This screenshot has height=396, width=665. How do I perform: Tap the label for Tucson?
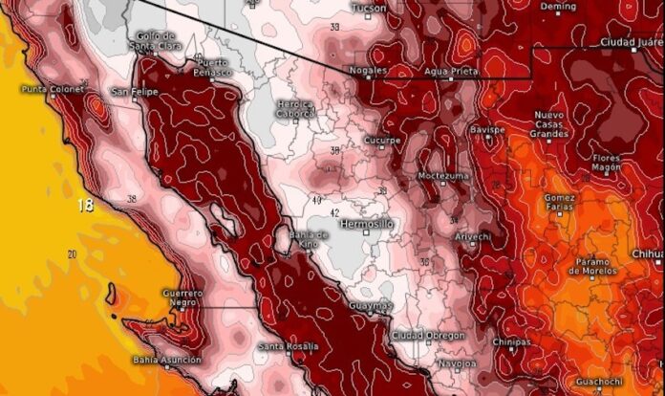[370, 9]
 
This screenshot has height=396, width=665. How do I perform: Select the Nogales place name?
[369, 71]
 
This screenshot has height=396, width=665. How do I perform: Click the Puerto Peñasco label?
[211, 67]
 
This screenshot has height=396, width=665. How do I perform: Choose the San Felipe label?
[133, 92]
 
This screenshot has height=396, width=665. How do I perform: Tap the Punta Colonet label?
[50, 90]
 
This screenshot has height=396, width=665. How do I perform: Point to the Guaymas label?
[370, 306]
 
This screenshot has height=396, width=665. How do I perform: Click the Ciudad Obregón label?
[429, 336]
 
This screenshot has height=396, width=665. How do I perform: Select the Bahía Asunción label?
[168, 360]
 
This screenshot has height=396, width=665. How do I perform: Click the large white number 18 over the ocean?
[85, 205]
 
